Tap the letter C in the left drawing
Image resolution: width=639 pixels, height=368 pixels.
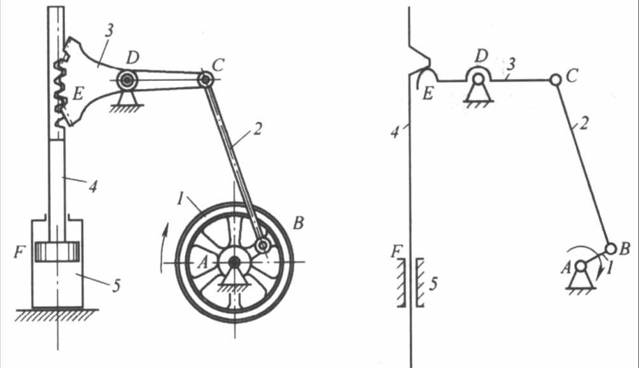(218, 64)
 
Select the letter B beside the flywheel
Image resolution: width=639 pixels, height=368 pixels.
(298, 223)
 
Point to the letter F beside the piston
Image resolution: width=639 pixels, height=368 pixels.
(19, 252)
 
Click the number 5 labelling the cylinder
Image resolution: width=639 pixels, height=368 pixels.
(116, 286)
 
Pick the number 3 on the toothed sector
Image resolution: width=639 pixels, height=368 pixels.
(109, 31)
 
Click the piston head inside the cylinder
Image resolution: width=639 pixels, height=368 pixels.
(57, 251)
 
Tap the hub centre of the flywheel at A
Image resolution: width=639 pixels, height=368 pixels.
(234, 263)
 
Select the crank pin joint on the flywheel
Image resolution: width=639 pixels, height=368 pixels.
(263, 245)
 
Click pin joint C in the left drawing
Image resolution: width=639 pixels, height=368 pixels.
(206, 80)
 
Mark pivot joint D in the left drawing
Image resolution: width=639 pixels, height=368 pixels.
(127, 80)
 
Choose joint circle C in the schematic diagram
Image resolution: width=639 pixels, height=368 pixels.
(556, 80)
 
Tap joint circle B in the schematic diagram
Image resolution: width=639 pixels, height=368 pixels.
(610, 248)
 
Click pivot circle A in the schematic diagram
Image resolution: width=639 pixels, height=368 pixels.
(580, 267)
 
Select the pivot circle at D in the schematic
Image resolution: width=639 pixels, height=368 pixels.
(479, 79)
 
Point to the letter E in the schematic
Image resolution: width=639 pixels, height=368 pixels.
(428, 94)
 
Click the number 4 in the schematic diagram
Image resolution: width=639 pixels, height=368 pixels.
(395, 132)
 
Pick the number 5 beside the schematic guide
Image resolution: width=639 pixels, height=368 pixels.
(433, 283)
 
